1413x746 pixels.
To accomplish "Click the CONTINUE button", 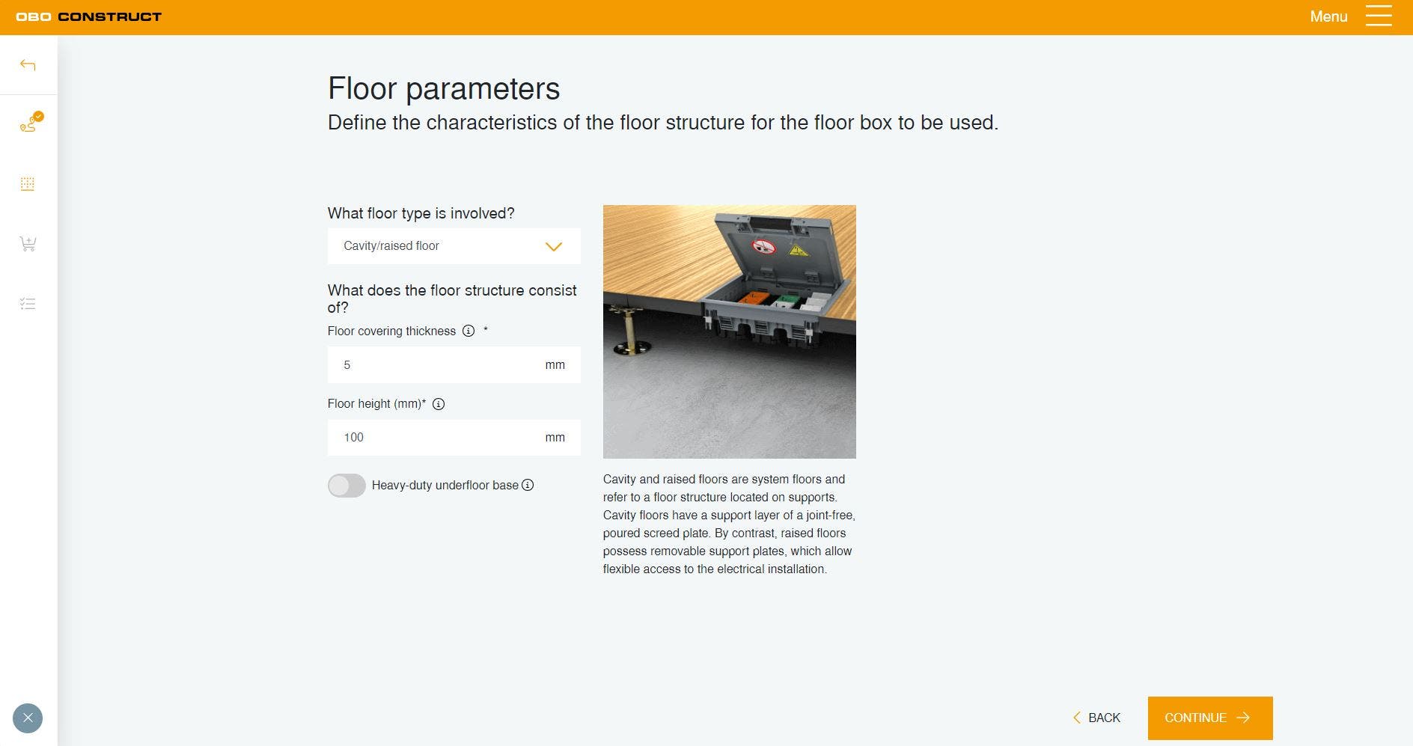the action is point(1210,718).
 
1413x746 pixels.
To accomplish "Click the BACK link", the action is point(1096,718).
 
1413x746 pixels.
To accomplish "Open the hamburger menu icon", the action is point(1379,16).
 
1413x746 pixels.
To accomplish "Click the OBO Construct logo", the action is point(88,16).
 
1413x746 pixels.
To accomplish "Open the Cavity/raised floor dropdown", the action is point(454,246).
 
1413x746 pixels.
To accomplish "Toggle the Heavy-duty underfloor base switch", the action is point(347,486).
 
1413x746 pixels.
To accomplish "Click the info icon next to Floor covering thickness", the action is point(469,331).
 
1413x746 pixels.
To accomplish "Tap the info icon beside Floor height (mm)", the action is point(439,404).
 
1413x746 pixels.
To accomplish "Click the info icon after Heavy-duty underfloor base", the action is point(528,485).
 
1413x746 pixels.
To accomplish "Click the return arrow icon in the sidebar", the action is point(28,65).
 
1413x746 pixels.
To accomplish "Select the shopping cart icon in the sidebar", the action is point(28,244).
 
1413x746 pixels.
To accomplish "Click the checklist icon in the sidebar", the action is point(28,304).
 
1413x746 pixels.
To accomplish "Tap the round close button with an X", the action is point(28,718).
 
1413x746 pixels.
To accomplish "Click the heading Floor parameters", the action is point(444,88).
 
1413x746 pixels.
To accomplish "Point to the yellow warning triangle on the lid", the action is point(798,250).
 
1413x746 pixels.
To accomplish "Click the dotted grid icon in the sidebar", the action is point(28,184).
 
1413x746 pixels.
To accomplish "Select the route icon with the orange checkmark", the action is point(30,122).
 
